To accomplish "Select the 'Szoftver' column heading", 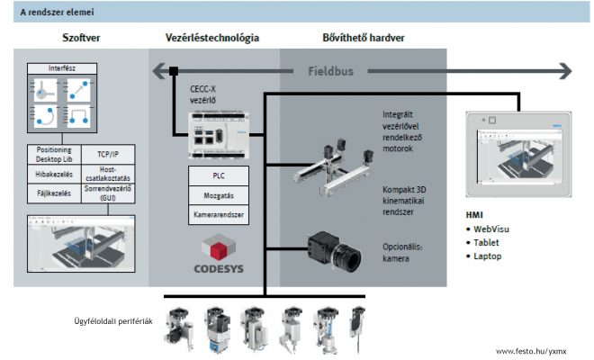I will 82,38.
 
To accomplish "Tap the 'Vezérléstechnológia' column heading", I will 212,38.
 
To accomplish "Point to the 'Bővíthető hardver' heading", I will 363,38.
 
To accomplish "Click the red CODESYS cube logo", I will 215,249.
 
